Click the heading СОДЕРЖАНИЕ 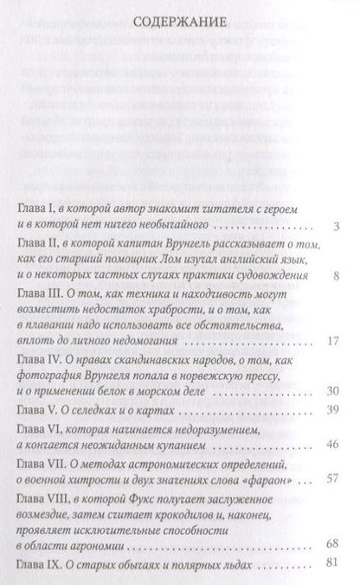point(180,20)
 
